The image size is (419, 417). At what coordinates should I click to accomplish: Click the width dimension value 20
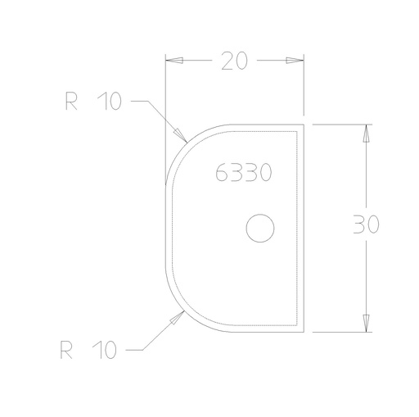(x=235, y=61)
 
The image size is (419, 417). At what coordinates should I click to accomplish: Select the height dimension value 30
(x=365, y=226)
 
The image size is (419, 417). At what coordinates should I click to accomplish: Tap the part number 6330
(x=244, y=173)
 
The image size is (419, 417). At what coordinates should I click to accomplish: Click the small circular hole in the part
(x=260, y=229)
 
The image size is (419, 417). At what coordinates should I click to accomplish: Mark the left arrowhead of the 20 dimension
(x=174, y=61)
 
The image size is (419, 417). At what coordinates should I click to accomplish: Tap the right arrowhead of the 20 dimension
(x=295, y=61)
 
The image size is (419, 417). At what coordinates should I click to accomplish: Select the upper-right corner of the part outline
(x=304, y=125)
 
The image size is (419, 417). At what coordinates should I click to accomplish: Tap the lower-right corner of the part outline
(x=304, y=332)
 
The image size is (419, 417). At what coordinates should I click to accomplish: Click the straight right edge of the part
(x=304, y=229)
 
